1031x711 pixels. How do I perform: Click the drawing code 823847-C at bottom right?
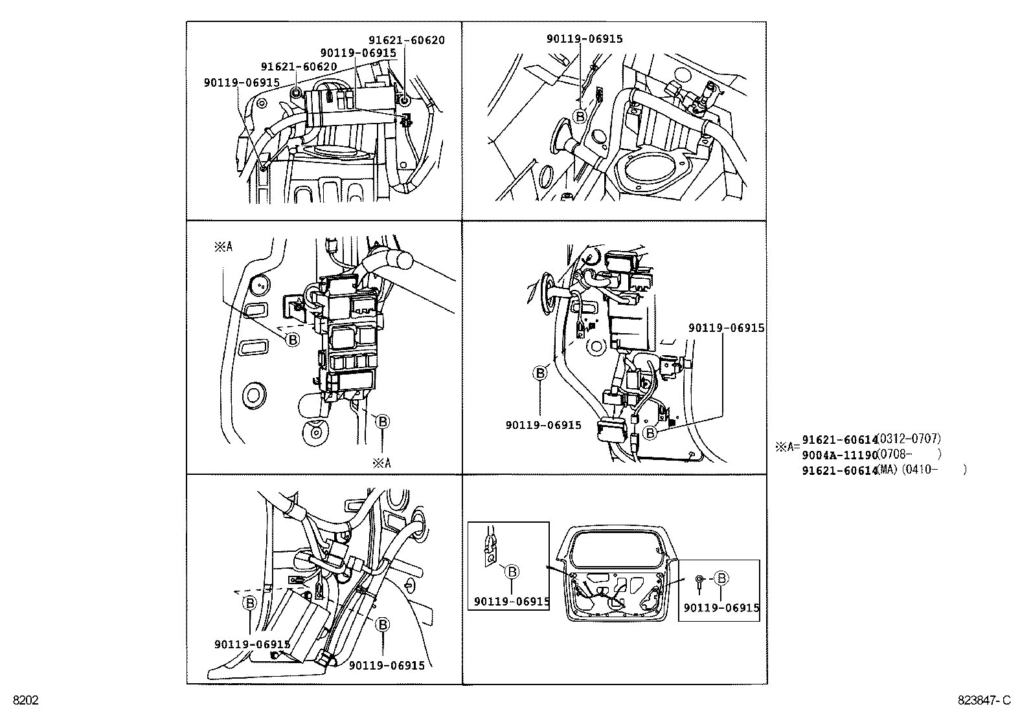tap(984, 700)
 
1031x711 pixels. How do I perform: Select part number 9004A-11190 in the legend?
tap(839, 454)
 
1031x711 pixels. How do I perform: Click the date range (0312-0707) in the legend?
tap(909, 439)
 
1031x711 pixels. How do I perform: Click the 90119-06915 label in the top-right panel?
tap(584, 39)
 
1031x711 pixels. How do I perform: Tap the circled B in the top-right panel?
tap(580, 116)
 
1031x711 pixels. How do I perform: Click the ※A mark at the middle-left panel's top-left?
tap(223, 247)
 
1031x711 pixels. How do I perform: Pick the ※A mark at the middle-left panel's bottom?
tap(381, 463)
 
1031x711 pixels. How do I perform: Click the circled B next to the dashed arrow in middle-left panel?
tap(293, 338)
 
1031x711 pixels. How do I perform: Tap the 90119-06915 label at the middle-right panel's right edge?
tap(726, 328)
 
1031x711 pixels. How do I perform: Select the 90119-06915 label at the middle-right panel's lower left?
tap(543, 425)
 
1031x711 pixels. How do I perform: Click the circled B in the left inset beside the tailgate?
tap(512, 571)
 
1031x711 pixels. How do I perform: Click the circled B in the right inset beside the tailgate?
tap(722, 578)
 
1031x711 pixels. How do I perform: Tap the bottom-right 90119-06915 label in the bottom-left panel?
tap(387, 665)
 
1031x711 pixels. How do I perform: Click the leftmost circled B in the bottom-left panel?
tap(250, 603)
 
